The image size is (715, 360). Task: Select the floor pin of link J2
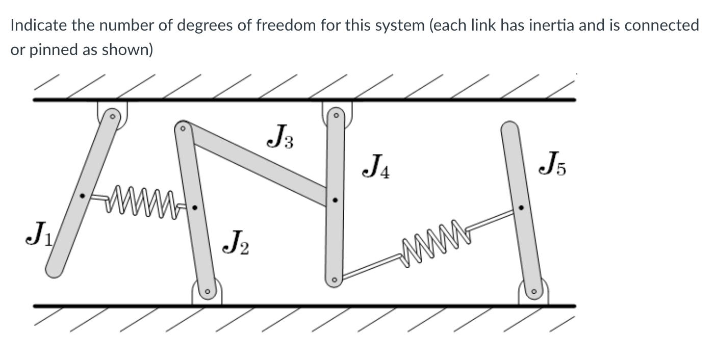pyautogui.click(x=207, y=292)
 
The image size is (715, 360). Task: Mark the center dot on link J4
pyautogui.click(x=335, y=200)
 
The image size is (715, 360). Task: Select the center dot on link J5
pyautogui.click(x=521, y=208)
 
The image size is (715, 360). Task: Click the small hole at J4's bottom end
pyautogui.click(x=334, y=279)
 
